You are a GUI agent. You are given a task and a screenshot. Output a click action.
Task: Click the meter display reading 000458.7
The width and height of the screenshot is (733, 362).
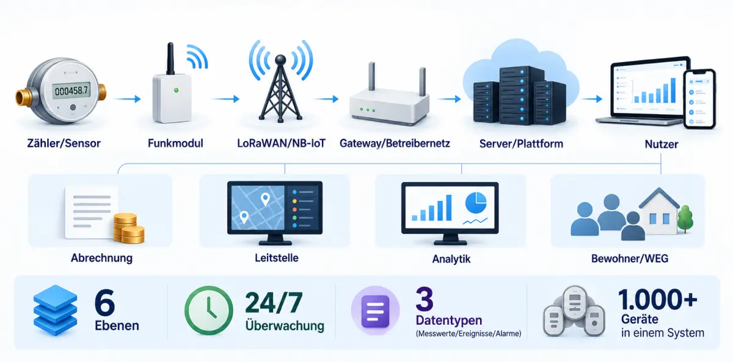[71, 90]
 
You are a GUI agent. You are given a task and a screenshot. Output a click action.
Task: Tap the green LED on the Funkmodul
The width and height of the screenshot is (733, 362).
[176, 90]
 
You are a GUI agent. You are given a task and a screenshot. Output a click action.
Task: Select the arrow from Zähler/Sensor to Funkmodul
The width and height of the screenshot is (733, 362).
[128, 99]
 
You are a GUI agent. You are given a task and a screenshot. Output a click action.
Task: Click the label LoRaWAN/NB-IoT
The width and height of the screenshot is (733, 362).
[281, 143]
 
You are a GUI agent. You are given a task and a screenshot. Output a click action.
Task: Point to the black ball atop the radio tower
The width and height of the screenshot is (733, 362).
[280, 60]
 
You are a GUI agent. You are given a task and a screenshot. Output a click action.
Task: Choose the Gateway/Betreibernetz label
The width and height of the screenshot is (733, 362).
[395, 143]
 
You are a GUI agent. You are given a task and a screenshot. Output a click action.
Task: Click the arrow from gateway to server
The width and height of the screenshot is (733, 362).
[450, 99]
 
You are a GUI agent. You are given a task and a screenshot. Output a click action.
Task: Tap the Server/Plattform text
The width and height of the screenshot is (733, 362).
[521, 143]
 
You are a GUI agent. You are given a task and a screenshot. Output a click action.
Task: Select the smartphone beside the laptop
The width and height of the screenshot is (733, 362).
[699, 99]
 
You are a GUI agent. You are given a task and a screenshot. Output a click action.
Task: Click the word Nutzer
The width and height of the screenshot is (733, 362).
[662, 144]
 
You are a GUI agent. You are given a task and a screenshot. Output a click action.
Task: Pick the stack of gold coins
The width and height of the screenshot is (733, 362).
[128, 228]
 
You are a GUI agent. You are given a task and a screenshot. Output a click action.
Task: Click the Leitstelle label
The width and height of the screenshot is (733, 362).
[277, 258]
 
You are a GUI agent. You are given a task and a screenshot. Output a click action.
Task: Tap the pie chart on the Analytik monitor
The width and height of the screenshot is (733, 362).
[476, 203]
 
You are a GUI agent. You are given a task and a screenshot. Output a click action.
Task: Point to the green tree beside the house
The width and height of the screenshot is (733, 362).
[685, 218]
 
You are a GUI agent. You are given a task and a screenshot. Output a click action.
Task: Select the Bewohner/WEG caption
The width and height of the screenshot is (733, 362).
[630, 259]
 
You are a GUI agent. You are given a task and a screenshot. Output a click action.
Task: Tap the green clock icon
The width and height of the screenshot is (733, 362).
[209, 310]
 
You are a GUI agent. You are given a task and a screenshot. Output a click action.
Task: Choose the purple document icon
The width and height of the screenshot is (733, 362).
[375, 311]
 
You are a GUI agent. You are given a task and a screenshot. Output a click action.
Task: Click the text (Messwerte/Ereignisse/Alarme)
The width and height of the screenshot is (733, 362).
[469, 333]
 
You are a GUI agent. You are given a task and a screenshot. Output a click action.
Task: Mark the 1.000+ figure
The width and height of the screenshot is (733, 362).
[657, 300]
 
